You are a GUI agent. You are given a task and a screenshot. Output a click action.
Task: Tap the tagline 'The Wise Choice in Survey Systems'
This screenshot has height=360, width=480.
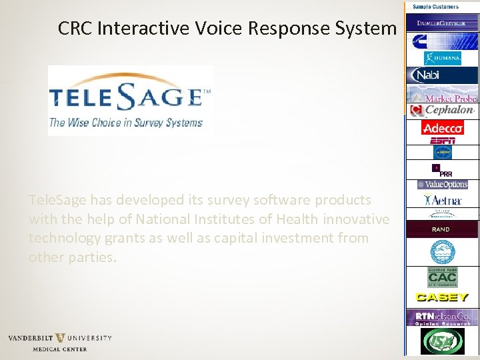point(125,123)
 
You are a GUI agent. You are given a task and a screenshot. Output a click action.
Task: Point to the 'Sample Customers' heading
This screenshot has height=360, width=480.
point(435,7)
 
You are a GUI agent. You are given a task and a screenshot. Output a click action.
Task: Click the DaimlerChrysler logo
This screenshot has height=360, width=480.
point(442,22)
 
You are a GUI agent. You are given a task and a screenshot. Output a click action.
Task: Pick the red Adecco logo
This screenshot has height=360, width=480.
point(442,127)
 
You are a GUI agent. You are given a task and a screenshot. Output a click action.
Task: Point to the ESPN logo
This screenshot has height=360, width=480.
point(443,141)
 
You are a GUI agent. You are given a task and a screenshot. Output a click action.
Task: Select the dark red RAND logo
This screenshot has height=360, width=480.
point(441,229)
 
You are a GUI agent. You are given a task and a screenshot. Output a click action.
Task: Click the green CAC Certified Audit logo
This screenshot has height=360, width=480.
point(442,277)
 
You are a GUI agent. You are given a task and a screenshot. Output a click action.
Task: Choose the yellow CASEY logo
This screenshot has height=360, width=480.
point(442,297)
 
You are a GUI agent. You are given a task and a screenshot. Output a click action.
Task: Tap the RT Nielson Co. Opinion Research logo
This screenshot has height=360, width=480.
point(443,317)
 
